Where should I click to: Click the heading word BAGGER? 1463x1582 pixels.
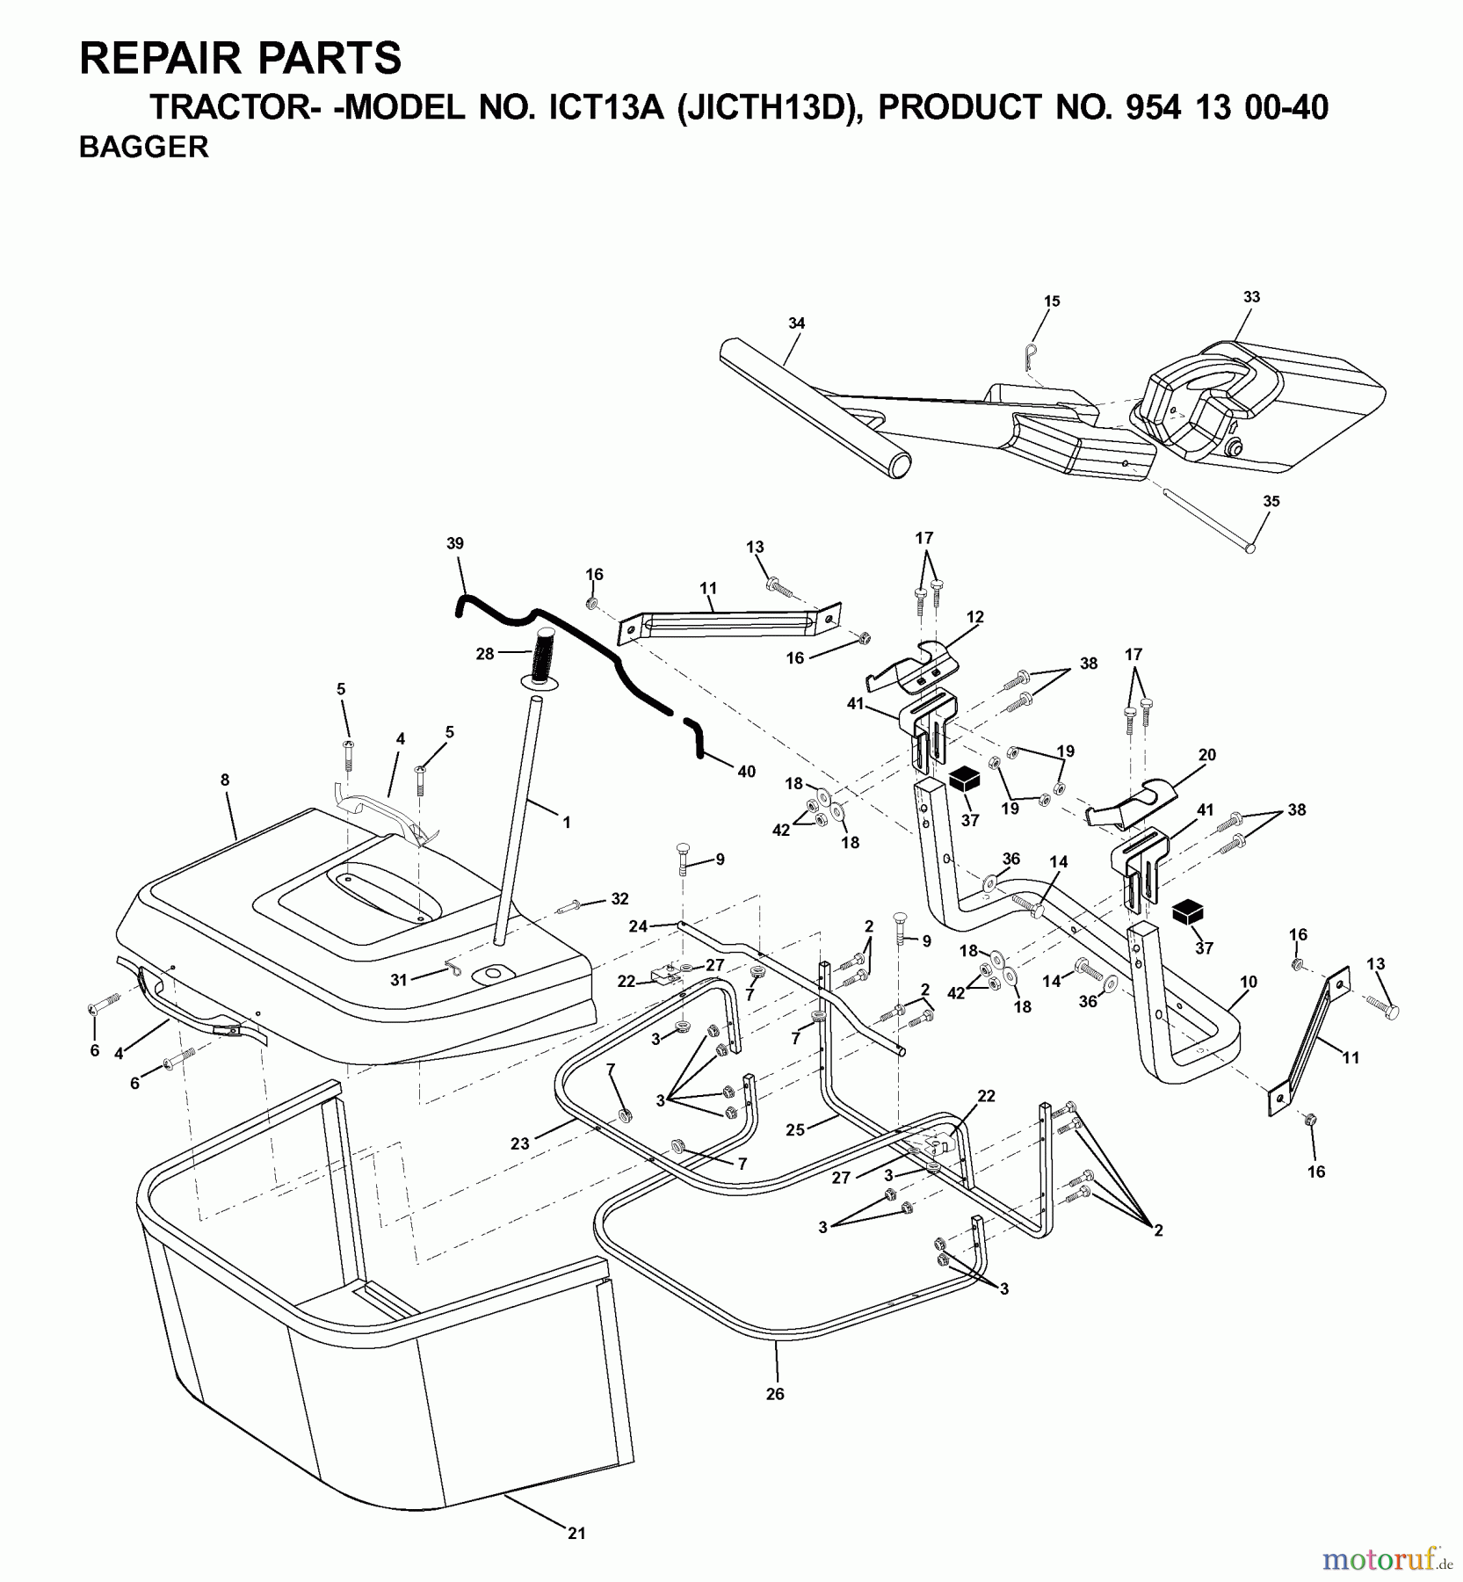(143, 148)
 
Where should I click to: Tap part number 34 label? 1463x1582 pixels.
(796, 323)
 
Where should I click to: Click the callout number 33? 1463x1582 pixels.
(1251, 297)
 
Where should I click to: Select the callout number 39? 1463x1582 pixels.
(454, 543)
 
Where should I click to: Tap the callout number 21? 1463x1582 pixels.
(576, 1534)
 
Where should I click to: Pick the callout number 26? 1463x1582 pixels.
(774, 1394)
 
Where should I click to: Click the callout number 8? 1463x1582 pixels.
(225, 779)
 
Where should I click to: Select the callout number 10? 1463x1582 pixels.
(1248, 982)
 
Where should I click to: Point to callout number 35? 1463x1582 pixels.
(1271, 502)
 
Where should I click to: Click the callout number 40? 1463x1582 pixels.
(746, 772)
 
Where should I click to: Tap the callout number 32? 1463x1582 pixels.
(620, 899)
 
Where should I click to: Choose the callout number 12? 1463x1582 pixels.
(974, 618)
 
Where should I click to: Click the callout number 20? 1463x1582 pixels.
(1206, 755)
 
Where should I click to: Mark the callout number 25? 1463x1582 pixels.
(795, 1130)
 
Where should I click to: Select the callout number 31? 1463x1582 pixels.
(399, 980)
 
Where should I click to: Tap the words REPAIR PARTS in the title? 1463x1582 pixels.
(240, 60)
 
